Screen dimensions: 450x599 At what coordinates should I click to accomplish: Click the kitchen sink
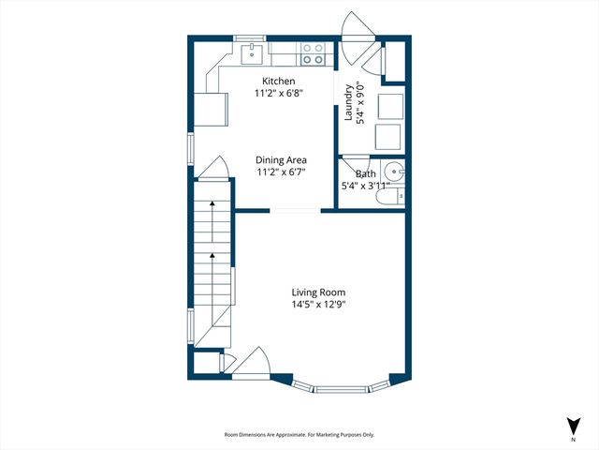(x=252, y=53)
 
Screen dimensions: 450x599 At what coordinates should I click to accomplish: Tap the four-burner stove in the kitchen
(x=312, y=54)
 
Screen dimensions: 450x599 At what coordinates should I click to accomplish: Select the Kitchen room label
(x=278, y=82)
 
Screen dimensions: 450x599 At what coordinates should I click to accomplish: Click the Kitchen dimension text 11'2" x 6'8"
(x=278, y=94)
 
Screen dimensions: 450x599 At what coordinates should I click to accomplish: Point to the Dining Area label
(x=281, y=160)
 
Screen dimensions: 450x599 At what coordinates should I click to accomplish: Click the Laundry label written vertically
(x=348, y=103)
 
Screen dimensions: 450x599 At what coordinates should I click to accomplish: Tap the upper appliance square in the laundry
(x=389, y=105)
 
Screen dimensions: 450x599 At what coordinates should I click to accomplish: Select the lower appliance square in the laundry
(x=389, y=138)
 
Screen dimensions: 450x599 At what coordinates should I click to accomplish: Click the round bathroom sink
(x=396, y=172)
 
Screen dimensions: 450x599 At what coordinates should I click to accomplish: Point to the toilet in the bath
(x=400, y=196)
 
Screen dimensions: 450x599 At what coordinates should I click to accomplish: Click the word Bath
(x=365, y=173)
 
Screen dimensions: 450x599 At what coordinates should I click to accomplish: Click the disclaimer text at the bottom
(x=299, y=435)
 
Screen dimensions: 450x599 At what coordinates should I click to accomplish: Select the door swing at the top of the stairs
(x=212, y=168)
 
